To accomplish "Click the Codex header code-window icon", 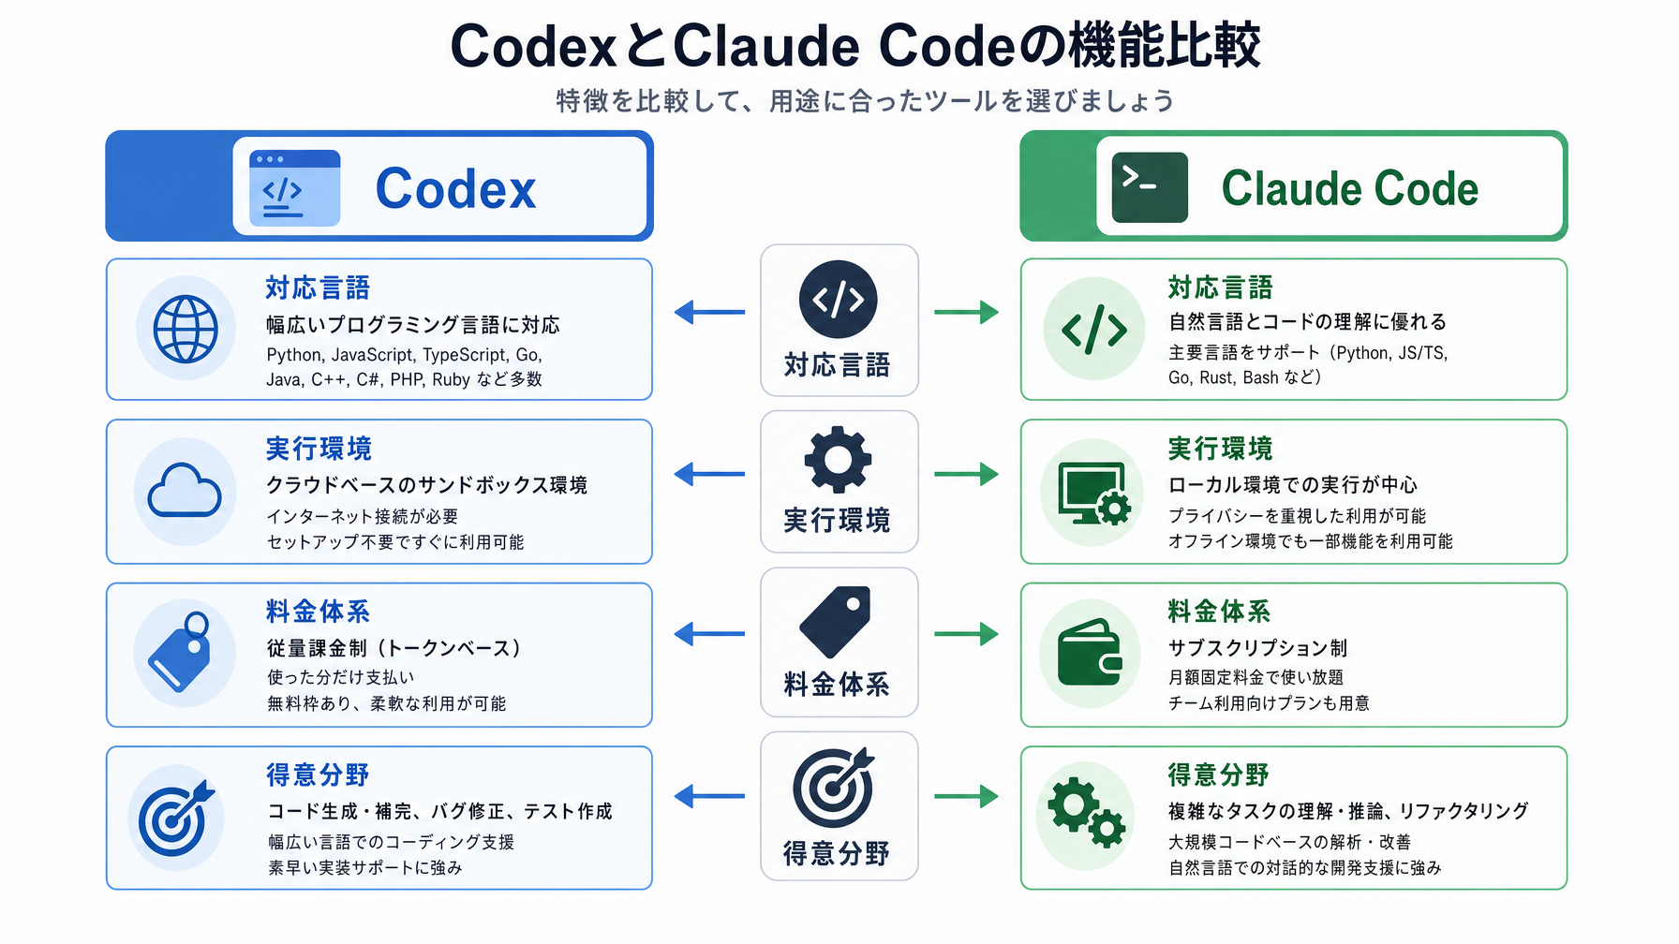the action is (294, 187).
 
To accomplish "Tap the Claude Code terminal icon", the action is (1150, 187).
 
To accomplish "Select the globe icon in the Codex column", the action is (186, 329).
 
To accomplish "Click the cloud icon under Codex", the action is (185, 491).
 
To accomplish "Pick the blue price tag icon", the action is (180, 652).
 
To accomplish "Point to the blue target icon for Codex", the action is (175, 818).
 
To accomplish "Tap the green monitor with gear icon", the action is (1094, 493).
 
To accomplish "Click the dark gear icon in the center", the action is (838, 459).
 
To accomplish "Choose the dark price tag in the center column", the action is (836, 622).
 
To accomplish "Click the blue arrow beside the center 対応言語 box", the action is (710, 312).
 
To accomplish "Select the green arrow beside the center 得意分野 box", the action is (966, 797).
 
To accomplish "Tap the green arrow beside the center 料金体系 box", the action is (966, 634).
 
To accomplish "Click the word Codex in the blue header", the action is (456, 189).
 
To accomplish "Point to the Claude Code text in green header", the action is (1350, 189).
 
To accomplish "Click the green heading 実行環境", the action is (1220, 449).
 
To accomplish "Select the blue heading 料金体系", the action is (319, 612).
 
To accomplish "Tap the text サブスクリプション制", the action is (1257, 648).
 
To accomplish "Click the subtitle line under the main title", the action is (865, 101).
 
